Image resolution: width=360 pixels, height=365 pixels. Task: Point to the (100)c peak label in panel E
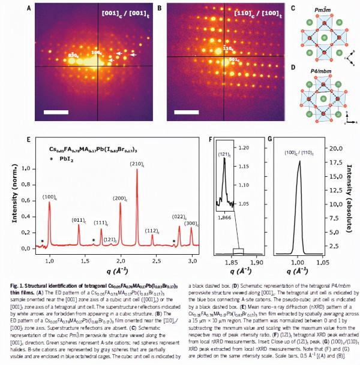49,195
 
